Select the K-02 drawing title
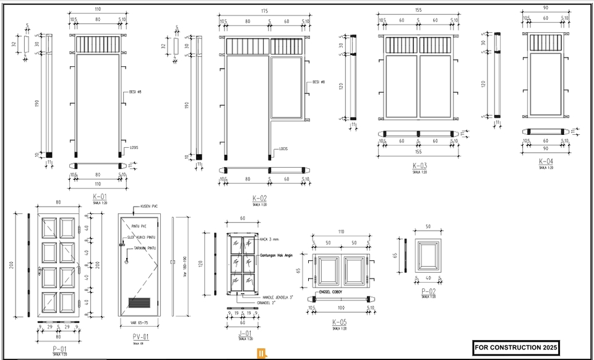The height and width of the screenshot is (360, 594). pos(259,198)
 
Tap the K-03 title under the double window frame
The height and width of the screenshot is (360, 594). pos(420,166)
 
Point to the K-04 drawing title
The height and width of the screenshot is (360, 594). pos(546,161)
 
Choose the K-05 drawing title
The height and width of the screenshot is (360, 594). pos(339,322)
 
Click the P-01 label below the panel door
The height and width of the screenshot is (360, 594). pos(60,349)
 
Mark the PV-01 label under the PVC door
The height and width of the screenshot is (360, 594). pos(141,337)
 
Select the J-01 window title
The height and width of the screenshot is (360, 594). pos(245,334)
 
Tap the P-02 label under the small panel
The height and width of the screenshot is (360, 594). pos(428,291)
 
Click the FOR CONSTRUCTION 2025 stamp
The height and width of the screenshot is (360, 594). pos(515,348)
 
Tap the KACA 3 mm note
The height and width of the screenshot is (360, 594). pos(270,239)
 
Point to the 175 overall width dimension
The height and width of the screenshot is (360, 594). pos(265,11)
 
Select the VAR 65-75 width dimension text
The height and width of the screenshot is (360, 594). pos(140,322)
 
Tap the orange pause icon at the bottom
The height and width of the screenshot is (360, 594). pos(262,354)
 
